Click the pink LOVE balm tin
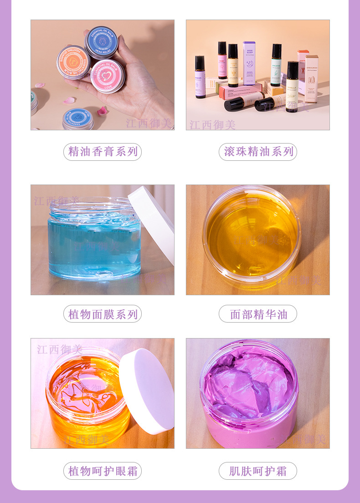pos(108,76)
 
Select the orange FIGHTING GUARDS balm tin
pos(73,62)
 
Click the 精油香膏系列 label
pos(103,152)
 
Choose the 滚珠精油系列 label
pos(258,152)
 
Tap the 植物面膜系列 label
pos(103,314)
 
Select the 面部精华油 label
pos(258,314)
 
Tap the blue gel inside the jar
pos(93,246)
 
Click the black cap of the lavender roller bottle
pos(200,62)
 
